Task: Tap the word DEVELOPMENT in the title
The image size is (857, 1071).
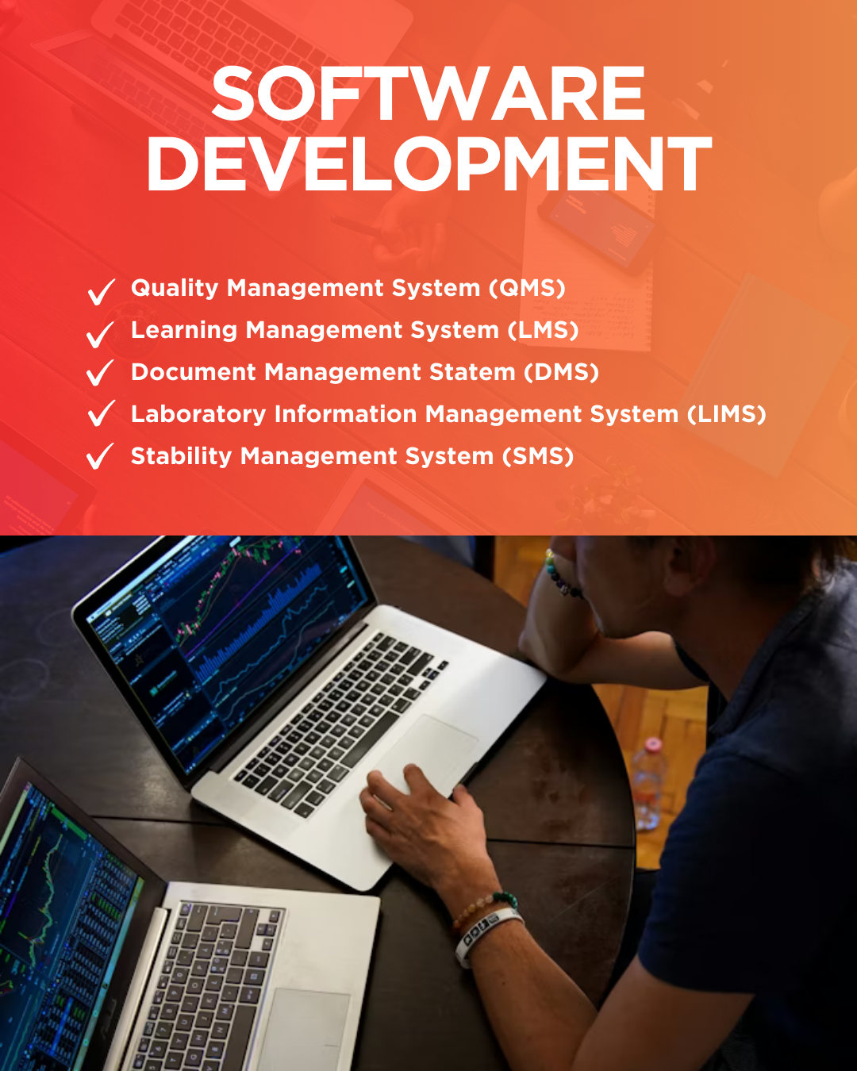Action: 428,163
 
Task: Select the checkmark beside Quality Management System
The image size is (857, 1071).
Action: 101,292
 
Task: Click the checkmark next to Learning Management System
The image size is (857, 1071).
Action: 100,334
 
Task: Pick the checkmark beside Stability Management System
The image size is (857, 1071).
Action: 100,456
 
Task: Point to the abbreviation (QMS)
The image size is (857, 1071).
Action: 527,288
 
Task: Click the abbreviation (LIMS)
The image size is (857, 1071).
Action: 727,414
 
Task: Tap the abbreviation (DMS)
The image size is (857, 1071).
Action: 561,372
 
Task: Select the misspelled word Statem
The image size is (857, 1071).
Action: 472,372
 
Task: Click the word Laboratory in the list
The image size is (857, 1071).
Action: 198,415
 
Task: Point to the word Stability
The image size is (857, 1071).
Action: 181,456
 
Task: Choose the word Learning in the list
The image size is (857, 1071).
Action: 184,331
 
